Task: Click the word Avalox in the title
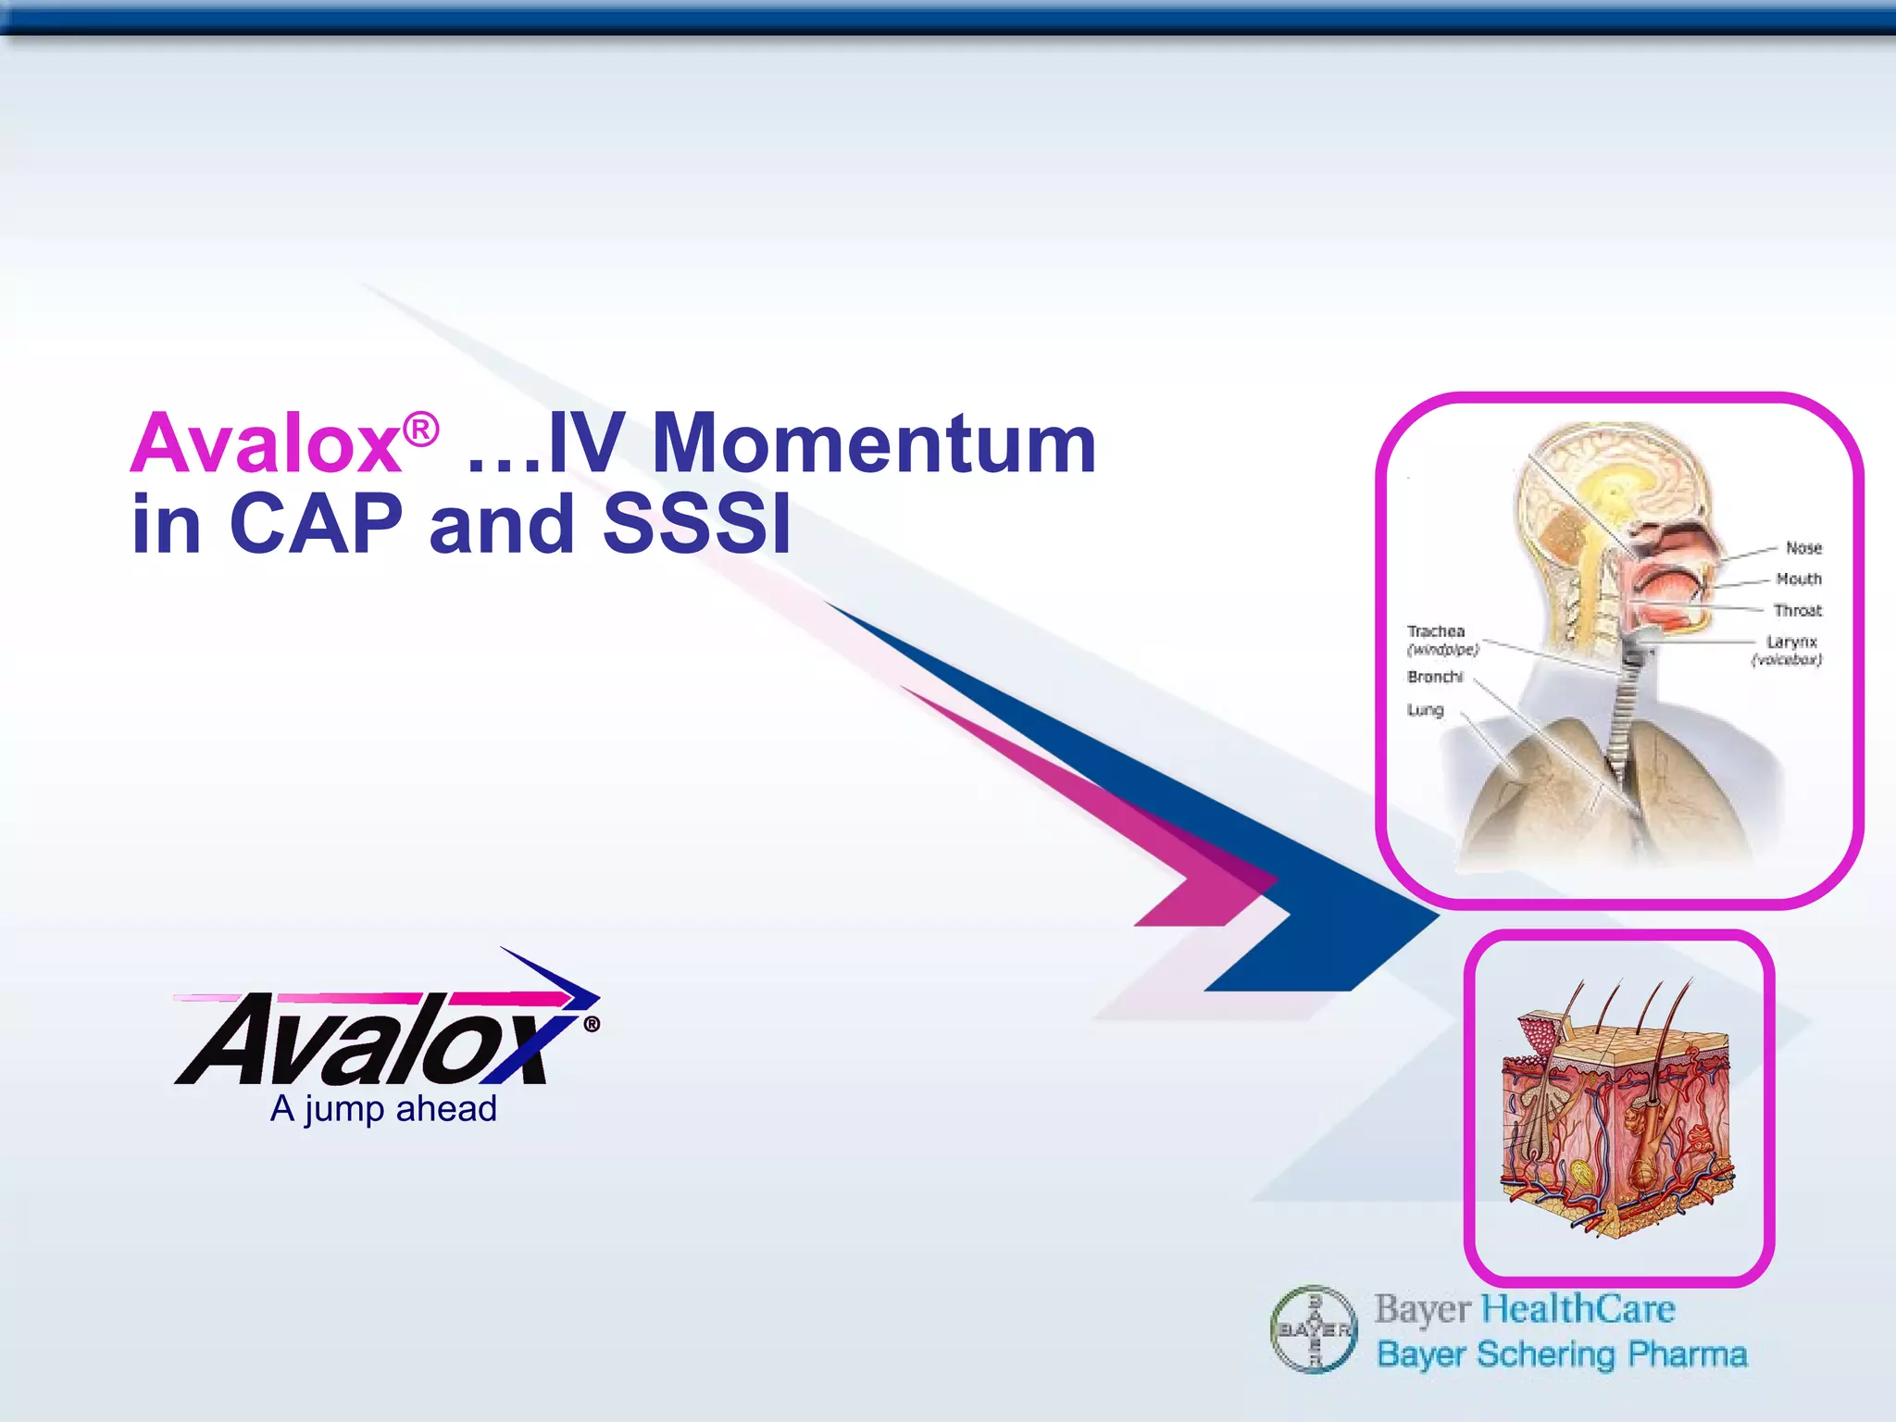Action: pyautogui.click(x=267, y=445)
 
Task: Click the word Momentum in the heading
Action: pyautogui.click(x=874, y=443)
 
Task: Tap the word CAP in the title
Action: pyautogui.click(x=316, y=524)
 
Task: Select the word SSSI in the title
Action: pyautogui.click(x=697, y=524)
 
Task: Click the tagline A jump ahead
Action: pyautogui.click(x=383, y=1109)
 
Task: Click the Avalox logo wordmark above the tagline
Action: pyautogui.click(x=370, y=1037)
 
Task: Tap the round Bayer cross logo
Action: pyautogui.click(x=1314, y=1329)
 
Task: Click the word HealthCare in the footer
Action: pyautogui.click(x=1578, y=1309)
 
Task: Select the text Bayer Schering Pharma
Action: pyautogui.click(x=1562, y=1354)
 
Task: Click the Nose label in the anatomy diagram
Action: pyautogui.click(x=1803, y=548)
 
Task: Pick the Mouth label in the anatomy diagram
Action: pyautogui.click(x=1799, y=580)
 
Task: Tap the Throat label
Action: pyautogui.click(x=1797, y=611)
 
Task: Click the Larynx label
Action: pyautogui.click(x=1791, y=642)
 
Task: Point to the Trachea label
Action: pyautogui.click(x=1436, y=631)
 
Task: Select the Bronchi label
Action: pyautogui.click(x=1435, y=678)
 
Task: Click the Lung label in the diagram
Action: pyautogui.click(x=1425, y=710)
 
